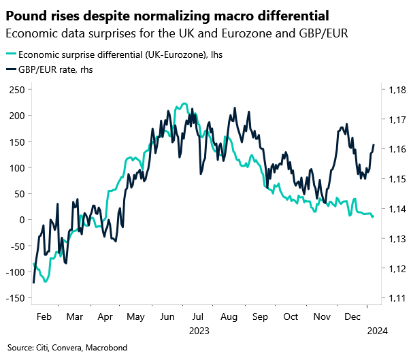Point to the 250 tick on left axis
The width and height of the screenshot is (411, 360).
coord(16,89)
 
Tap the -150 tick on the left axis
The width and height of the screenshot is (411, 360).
coord(14,298)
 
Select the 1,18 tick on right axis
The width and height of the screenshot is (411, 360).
coord(397,89)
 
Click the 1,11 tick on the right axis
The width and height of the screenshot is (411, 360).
coord(397,298)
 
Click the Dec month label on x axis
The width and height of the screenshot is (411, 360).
coord(353,317)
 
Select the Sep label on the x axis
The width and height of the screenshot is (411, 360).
coord(260,317)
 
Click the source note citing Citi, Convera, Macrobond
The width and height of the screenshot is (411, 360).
coord(67,348)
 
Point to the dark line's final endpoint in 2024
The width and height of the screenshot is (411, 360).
coord(374,145)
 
